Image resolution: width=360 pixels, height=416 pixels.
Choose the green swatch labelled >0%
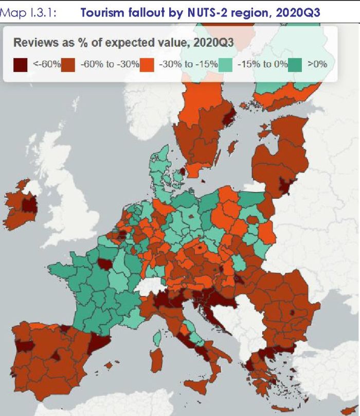[x=294, y=65]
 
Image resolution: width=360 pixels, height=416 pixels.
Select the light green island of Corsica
[x=157, y=337]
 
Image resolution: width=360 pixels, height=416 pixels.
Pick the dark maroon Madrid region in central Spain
[x=56, y=356]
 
